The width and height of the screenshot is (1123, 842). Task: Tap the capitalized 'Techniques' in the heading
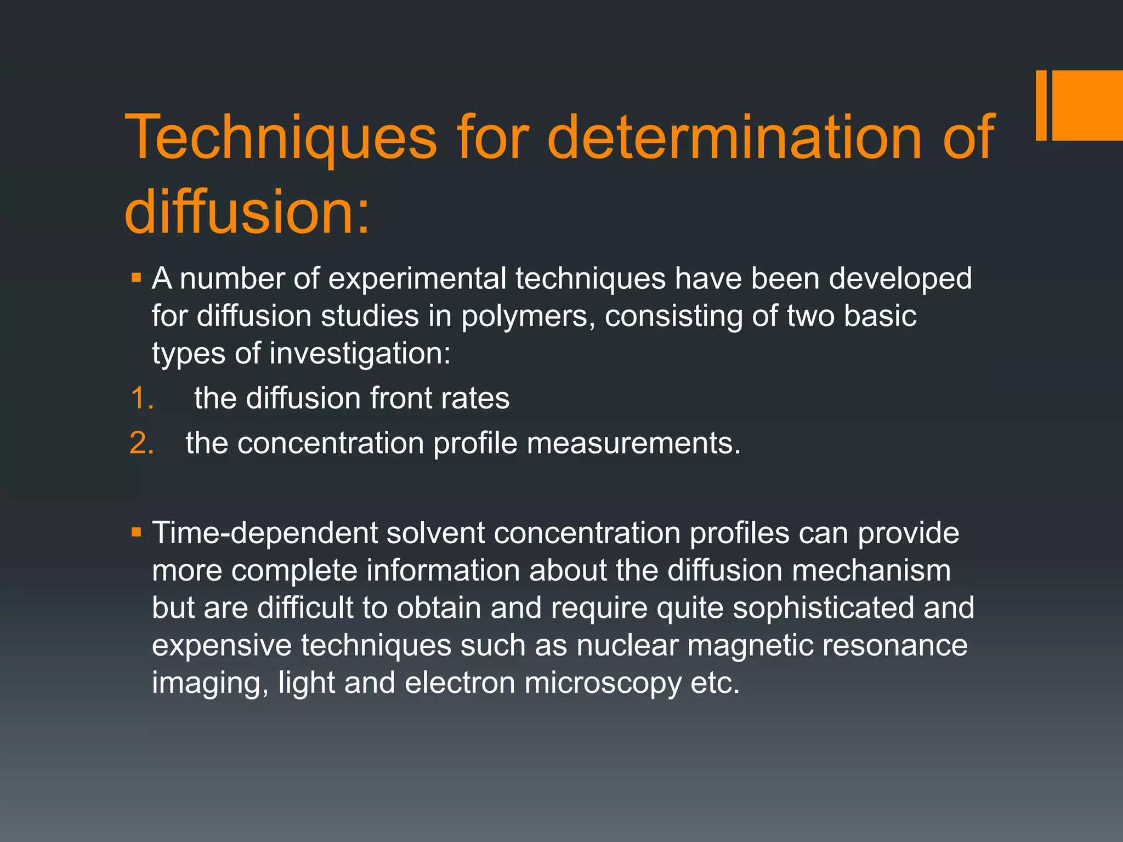point(281,138)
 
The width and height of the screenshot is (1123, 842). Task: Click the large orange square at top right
point(1087,105)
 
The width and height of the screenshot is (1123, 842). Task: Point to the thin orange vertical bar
point(1041,105)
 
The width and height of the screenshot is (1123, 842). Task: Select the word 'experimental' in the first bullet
point(417,278)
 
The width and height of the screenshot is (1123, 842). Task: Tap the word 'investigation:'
point(360,354)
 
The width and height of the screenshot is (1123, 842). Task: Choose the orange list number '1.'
point(142,398)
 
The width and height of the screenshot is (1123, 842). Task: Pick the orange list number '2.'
point(142,443)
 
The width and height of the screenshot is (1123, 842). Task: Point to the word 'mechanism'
point(871,571)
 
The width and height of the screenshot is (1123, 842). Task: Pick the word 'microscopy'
point(602,684)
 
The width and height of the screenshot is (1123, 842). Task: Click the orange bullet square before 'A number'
point(137,277)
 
